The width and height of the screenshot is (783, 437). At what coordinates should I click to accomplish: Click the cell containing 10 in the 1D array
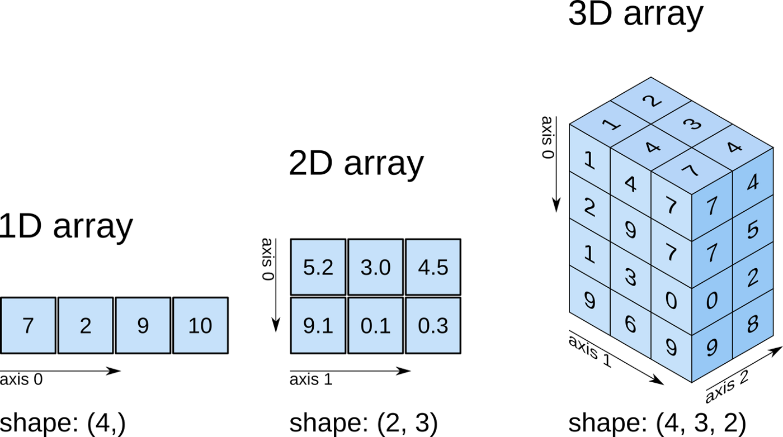pos(201,325)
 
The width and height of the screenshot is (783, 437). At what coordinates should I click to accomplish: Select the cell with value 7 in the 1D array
pos(28,325)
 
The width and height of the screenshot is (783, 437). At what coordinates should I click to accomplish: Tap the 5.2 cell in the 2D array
pos(318,267)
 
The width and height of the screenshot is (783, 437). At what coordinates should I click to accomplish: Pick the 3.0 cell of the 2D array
pos(376,267)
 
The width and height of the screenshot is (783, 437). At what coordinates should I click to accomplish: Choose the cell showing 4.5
pos(433,267)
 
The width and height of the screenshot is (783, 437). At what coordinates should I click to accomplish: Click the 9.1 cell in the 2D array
pos(318,325)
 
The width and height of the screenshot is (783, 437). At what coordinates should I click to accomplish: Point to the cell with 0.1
pos(376,325)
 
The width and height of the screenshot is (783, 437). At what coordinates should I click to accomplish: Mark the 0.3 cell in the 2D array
pos(433,325)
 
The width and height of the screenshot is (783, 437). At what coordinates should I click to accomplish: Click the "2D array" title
pos(357,164)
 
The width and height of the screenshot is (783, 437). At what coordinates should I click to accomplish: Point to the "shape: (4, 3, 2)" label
pos(657,424)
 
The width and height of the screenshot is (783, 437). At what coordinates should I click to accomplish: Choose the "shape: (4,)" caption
pos(63,424)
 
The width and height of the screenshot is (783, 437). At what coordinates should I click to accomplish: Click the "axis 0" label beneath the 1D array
pos(21,379)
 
